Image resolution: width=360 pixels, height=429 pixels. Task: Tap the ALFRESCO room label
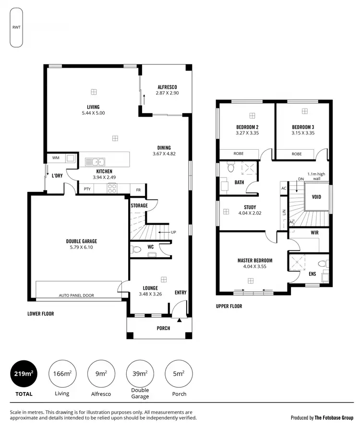tap(167, 87)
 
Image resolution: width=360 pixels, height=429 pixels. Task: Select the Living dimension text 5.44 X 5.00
tap(93, 113)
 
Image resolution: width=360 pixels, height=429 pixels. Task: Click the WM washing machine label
tap(55, 158)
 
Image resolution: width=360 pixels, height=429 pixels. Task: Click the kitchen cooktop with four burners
tap(112, 189)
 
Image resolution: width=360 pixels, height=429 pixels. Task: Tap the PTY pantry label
tap(87, 189)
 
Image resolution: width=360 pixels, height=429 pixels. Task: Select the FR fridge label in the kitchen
tap(138, 189)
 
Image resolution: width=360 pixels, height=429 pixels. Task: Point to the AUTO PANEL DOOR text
tap(76, 296)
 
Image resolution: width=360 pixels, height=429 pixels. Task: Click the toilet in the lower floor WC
tap(136, 249)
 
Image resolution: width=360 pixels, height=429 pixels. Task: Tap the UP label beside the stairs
tap(174, 232)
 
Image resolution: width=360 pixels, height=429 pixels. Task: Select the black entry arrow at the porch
tap(180, 320)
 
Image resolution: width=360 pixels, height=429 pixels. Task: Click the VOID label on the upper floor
tap(316, 197)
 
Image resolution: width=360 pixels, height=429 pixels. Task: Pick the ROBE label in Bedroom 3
tap(296, 154)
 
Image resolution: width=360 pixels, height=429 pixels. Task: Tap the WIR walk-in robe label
tap(315, 233)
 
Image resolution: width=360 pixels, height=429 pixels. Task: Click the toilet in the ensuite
tap(326, 264)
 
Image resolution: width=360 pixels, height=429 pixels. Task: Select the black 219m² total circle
tap(24, 374)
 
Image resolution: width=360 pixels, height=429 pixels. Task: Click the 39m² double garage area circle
tap(140, 374)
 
